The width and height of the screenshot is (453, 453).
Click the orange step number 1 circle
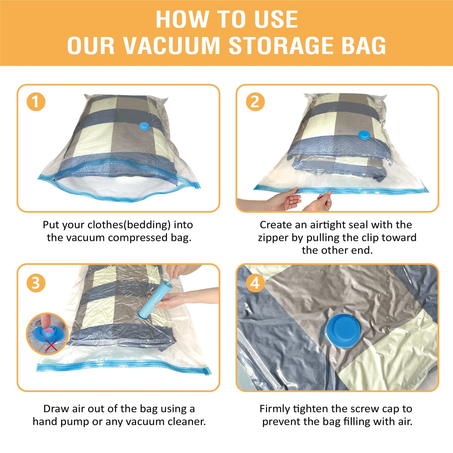coord(36,102)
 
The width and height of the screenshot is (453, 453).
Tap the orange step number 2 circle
coord(255,102)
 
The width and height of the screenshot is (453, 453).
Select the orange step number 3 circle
coord(36,283)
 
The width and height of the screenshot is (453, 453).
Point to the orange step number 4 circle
coord(255,283)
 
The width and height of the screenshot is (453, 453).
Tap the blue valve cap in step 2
coord(364,135)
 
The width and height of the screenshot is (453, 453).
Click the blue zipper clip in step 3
coord(207,372)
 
